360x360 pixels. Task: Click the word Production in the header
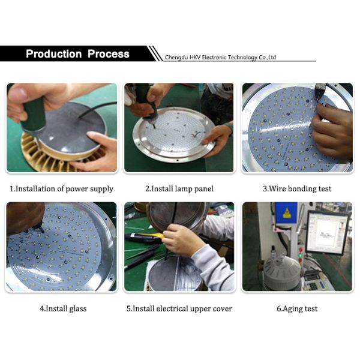54,54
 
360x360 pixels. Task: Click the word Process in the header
109,54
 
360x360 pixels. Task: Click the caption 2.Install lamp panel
179,188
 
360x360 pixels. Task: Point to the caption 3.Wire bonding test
297,188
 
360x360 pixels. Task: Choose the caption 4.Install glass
62,308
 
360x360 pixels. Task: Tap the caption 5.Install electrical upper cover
179,308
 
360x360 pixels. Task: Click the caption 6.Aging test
297,308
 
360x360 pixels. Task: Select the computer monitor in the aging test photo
327,231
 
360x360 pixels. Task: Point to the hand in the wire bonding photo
333,129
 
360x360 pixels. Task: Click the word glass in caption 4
76,308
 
